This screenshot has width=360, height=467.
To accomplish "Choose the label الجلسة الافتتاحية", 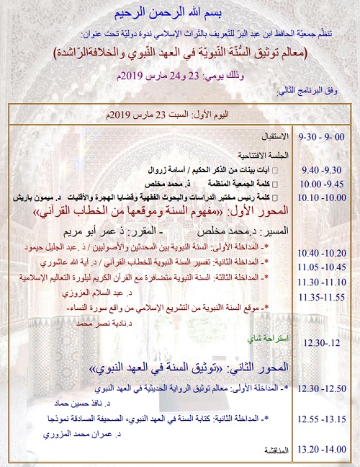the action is pyautogui.click(x=258, y=154).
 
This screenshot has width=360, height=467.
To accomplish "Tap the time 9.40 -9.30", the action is pyautogui.click(x=323, y=169).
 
